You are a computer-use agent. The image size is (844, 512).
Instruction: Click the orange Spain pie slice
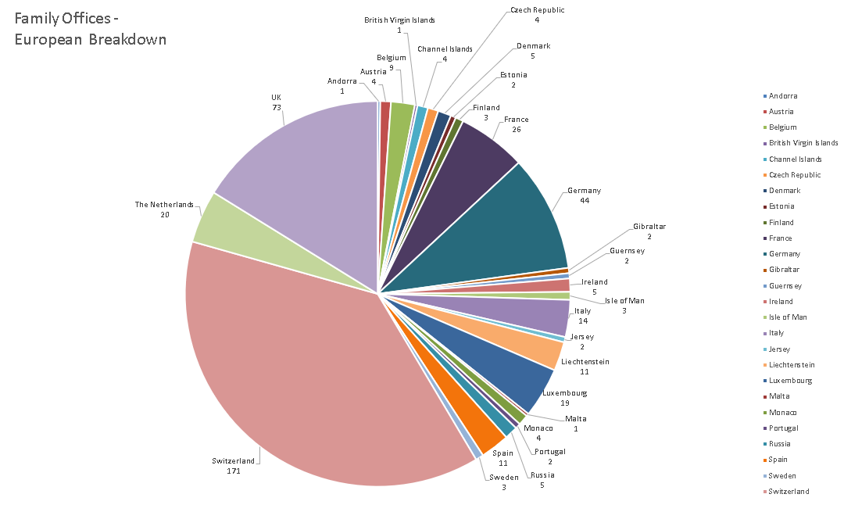[x=488, y=434]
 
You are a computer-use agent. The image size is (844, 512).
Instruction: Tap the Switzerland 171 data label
[x=233, y=466]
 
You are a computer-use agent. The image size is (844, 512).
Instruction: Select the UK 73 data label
[x=276, y=102]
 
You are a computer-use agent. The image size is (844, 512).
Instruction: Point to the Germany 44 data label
[x=584, y=195]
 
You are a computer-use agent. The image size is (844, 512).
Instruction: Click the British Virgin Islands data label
[x=399, y=25]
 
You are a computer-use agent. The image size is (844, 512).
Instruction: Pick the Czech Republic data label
[x=537, y=15]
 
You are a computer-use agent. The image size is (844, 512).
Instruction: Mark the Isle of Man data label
[x=624, y=306]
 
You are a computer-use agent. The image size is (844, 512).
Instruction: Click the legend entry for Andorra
[x=782, y=96]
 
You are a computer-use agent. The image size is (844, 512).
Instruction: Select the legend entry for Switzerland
[x=789, y=492]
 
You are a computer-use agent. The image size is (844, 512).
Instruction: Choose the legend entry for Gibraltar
[x=784, y=270]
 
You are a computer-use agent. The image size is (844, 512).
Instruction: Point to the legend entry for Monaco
[x=783, y=412]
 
